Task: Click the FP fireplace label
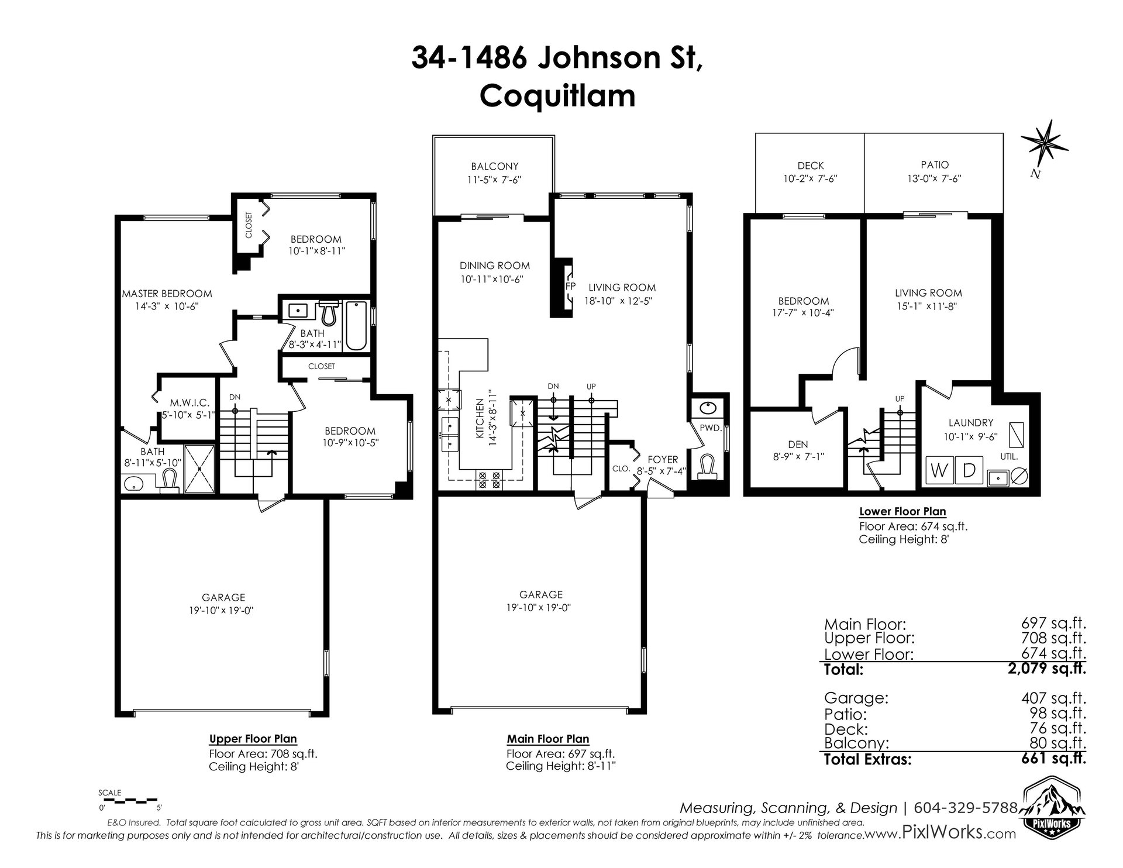point(570,287)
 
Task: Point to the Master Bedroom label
point(167,294)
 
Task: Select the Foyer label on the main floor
point(663,460)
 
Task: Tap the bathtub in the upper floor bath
point(356,325)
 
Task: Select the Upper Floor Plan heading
point(253,739)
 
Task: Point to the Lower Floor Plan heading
point(902,511)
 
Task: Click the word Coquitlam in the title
point(557,95)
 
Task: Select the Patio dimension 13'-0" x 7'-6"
point(935,178)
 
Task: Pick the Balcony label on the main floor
point(495,167)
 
